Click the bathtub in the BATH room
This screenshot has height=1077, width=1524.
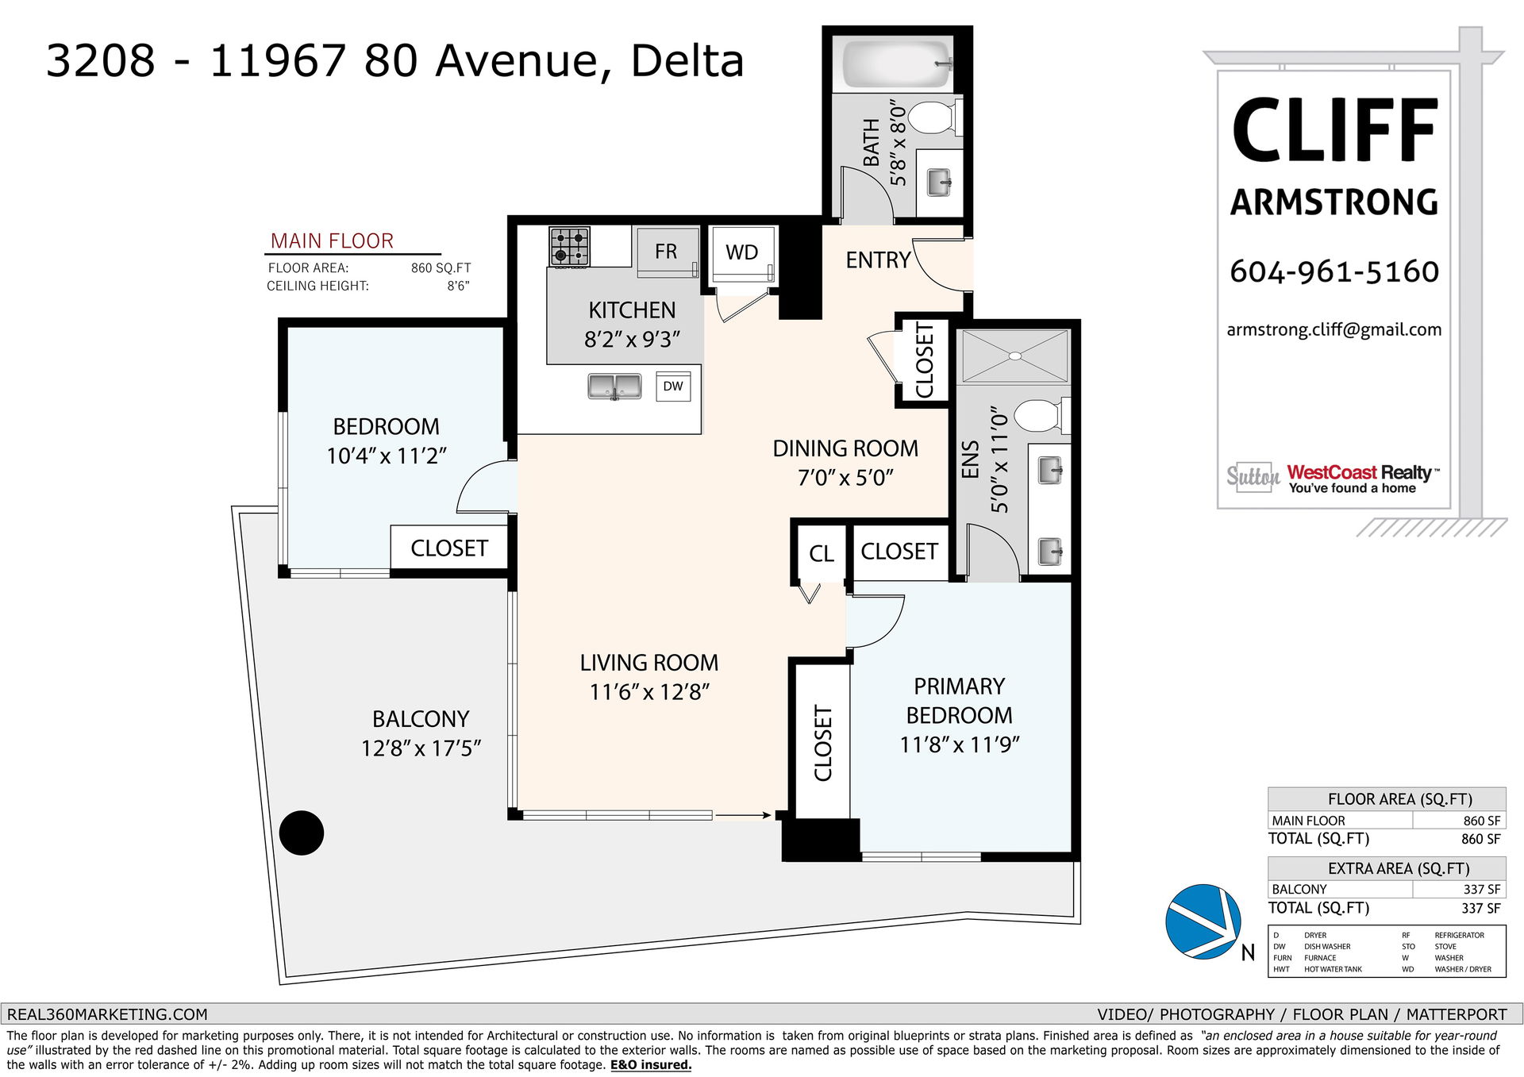[897, 63]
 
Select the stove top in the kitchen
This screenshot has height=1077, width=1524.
[570, 246]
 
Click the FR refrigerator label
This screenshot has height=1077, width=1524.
[666, 252]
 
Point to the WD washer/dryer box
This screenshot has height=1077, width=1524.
[742, 255]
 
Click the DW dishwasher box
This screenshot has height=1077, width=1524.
[673, 387]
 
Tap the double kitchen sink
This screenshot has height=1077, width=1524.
[614, 387]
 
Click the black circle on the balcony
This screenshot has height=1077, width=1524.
[302, 833]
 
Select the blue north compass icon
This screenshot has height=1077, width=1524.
[1203, 921]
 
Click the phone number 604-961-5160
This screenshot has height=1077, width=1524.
[1334, 271]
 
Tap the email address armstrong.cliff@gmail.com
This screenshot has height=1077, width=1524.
[1334, 330]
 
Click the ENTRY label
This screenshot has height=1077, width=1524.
[878, 260]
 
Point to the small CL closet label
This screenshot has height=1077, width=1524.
[822, 554]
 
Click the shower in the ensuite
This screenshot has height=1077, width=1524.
[1015, 357]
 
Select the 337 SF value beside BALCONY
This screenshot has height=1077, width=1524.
[1482, 890]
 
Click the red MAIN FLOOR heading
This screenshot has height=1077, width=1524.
[332, 241]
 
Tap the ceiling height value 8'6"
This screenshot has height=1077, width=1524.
[458, 286]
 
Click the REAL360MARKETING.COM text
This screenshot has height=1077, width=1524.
[107, 1014]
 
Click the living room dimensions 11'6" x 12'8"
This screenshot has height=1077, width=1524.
[649, 692]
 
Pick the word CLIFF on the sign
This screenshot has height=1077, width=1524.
[1335, 131]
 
